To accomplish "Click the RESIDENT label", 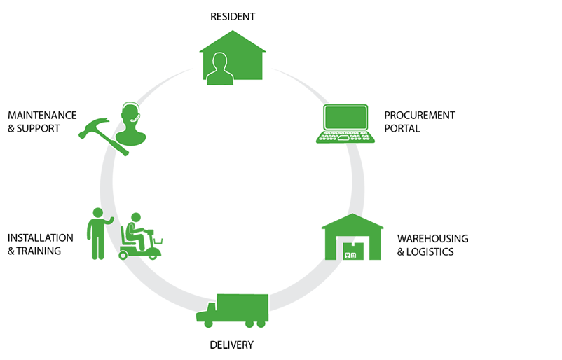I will coord(233,15).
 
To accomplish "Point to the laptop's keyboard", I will coord(344,137).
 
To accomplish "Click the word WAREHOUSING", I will coord(432,238).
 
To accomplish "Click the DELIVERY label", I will coord(231,345).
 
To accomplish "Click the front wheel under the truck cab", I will coord(208,323).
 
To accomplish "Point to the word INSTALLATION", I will coord(40,237).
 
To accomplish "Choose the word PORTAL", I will coord(402,129).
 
